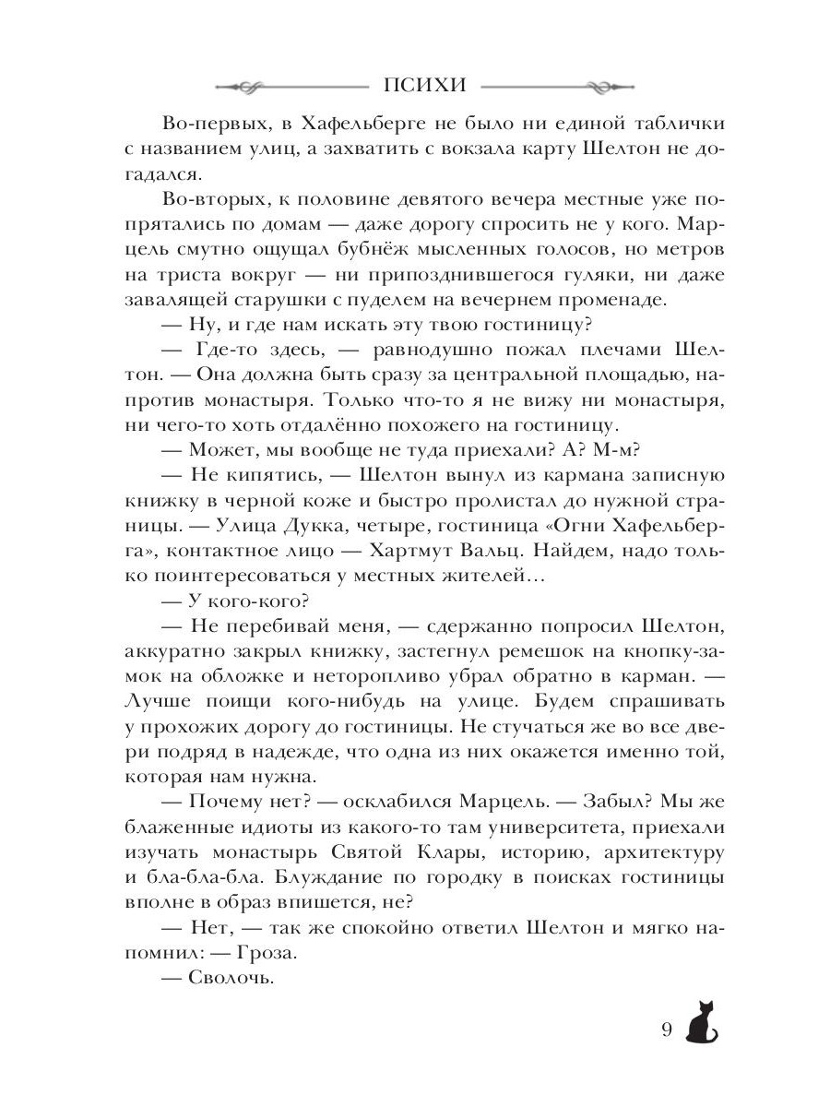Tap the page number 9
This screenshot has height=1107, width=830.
coord(668,1030)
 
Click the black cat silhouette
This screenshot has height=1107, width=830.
coord(704,1021)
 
